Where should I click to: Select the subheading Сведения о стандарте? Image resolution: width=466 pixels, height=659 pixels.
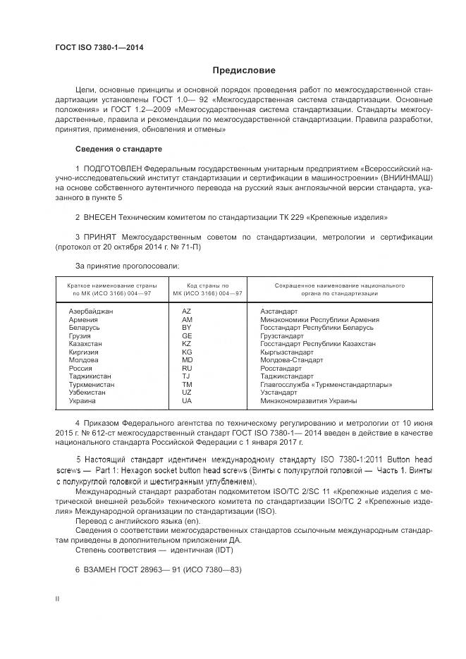pos(118,149)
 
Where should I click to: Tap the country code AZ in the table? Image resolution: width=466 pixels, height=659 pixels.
pos(187,311)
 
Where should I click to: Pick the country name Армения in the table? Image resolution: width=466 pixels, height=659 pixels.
pos(83,319)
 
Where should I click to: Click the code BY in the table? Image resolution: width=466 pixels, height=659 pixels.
pos(187,328)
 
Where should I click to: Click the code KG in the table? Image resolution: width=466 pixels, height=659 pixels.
pos(187,352)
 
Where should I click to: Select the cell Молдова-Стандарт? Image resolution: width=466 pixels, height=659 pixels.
pos(292,360)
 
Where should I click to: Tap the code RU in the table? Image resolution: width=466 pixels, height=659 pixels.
pos(187,368)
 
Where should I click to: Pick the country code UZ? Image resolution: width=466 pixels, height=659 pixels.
pos(187,393)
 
